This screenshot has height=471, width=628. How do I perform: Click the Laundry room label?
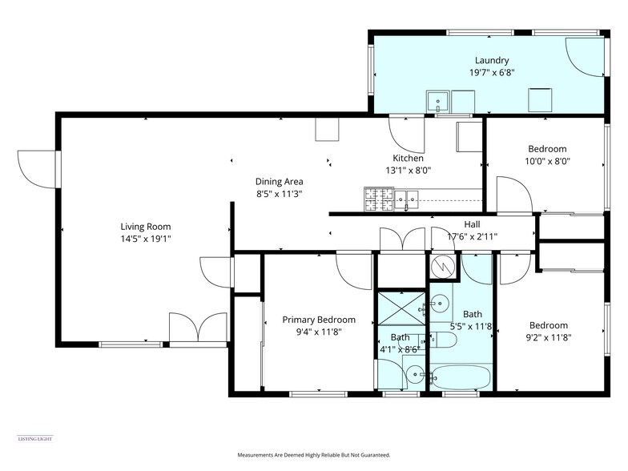pos(491,60)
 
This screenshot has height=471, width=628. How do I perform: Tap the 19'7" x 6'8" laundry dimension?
pos(491,72)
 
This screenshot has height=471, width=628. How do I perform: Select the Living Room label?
pos(145,227)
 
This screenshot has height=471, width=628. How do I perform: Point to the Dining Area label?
pos(279,181)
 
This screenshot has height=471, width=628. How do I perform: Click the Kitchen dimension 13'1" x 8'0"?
pos(408,170)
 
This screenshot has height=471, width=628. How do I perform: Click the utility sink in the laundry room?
pos(437,102)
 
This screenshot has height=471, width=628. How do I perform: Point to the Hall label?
pos(472,224)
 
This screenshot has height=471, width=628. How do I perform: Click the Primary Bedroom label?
pos(318,320)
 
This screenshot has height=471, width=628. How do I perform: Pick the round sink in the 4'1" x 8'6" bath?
pos(413,373)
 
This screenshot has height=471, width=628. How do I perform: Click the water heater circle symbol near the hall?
pos(441,264)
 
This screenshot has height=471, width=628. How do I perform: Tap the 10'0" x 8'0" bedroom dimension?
pos(547,160)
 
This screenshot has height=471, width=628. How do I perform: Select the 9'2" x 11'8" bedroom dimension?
pos(548,337)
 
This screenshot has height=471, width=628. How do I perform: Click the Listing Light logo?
pos(34,438)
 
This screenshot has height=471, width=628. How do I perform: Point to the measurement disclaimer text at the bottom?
pos(313,455)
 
